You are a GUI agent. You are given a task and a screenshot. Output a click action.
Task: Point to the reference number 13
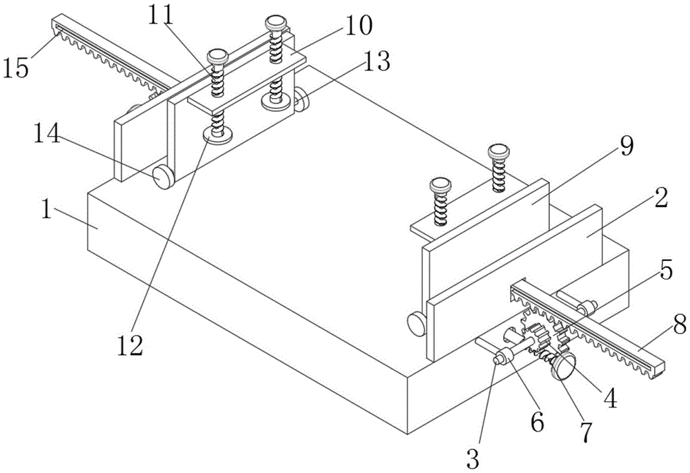tap(376, 63)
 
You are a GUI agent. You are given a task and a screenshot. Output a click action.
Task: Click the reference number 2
tap(660, 200)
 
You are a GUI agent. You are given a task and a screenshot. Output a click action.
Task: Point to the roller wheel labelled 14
tap(163, 177)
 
